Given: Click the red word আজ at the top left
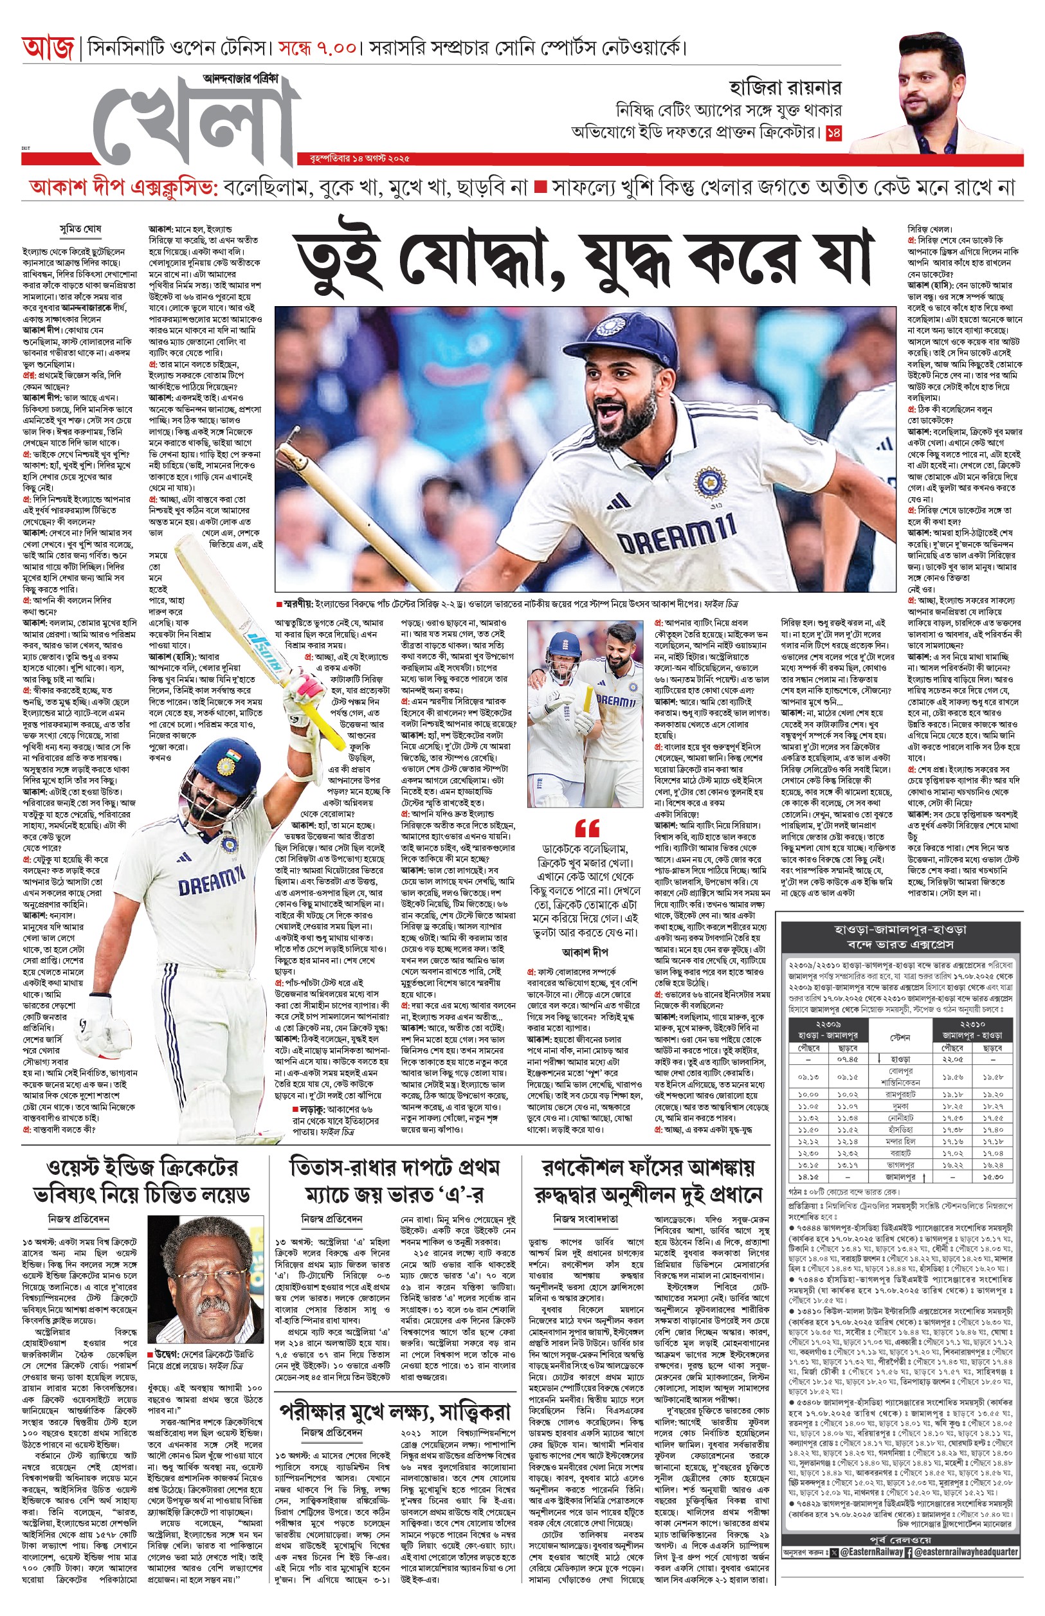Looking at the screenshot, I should [x=47, y=49].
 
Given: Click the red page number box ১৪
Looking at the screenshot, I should [x=833, y=134].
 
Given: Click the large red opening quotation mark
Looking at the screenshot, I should [x=587, y=828].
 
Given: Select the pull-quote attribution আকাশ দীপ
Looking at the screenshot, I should [x=586, y=952].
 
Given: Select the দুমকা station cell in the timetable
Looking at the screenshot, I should [x=900, y=1105].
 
